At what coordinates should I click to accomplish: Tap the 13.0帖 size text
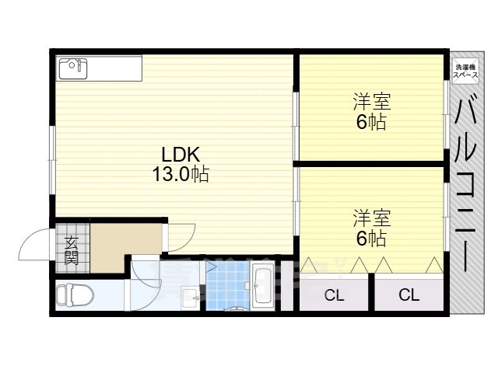click(x=180, y=174)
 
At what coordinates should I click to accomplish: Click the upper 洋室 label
click(x=371, y=103)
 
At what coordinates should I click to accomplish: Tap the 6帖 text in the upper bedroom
click(x=371, y=122)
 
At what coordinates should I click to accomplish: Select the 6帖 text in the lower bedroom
click(x=371, y=238)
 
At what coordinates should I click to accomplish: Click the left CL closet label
click(x=334, y=295)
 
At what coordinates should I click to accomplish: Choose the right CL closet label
click(x=409, y=295)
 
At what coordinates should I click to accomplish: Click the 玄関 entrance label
click(x=72, y=249)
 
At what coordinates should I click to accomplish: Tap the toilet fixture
click(x=75, y=295)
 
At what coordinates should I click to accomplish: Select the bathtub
click(x=261, y=287)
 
